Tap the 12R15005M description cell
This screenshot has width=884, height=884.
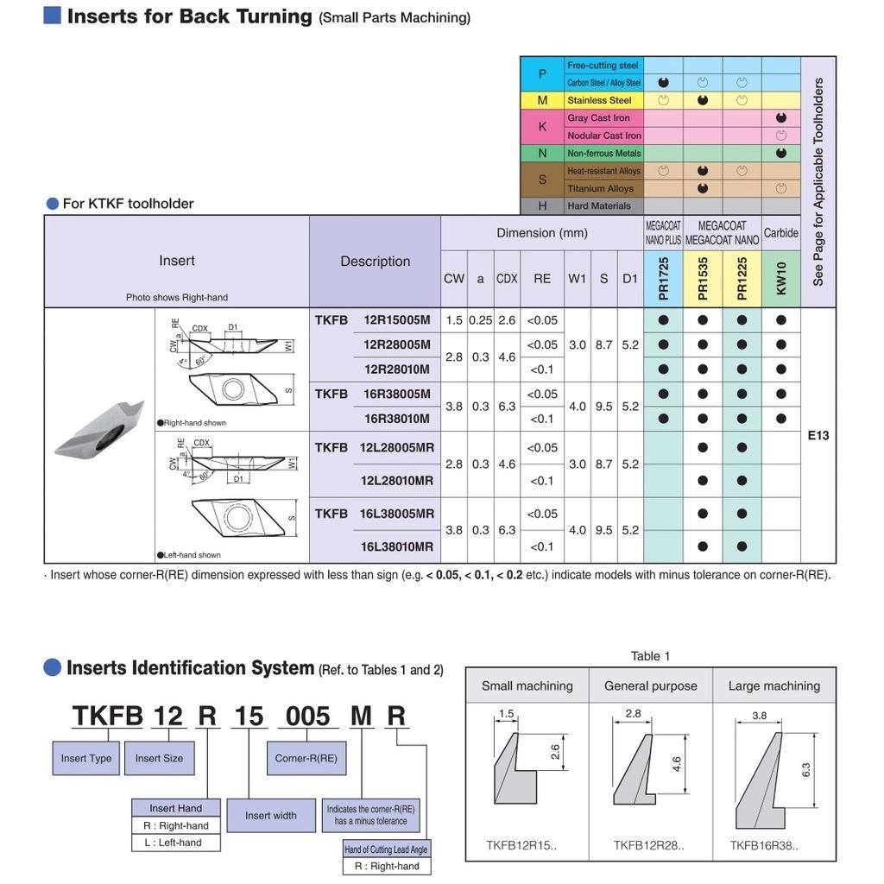coord(396,320)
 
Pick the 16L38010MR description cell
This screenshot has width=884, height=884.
coord(398,546)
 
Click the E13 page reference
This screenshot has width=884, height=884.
coord(818,435)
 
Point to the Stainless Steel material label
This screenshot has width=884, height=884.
coord(599,100)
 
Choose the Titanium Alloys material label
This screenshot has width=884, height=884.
coord(600,188)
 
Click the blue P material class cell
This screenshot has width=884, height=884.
coord(542,74)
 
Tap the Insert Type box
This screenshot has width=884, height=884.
coord(86,758)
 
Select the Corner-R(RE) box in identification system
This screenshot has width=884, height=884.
coord(306,758)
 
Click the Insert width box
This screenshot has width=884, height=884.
coord(270,815)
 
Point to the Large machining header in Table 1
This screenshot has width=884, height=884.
coord(773,686)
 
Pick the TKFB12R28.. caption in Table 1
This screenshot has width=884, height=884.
coord(648,845)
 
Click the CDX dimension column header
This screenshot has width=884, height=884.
coord(507,279)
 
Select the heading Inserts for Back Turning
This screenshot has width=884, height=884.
coord(190,16)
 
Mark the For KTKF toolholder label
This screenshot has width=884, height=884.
coord(128,204)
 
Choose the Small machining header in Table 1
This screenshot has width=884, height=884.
coord(527,686)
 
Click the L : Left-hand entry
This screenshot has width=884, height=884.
coord(173,843)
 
